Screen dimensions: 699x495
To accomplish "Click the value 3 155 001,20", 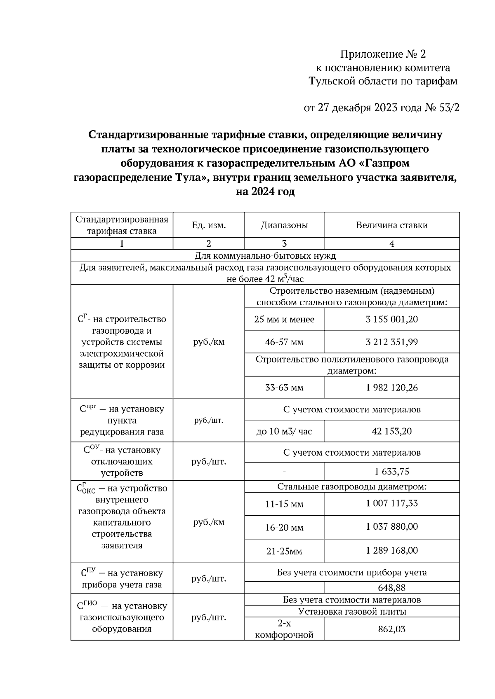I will (391, 319).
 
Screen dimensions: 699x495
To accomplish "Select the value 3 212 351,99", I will (391, 342).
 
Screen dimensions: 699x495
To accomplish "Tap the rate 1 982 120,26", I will (391, 388).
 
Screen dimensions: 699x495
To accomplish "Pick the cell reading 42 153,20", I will (391, 431).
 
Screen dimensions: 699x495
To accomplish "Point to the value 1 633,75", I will (391, 472).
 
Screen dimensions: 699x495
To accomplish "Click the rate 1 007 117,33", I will (391, 503).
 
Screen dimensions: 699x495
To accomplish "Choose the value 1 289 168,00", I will (391, 551).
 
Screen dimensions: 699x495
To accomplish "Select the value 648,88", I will (391, 587).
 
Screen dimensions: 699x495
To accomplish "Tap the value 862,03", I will (391, 629).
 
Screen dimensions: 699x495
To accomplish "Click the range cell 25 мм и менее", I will (284, 319).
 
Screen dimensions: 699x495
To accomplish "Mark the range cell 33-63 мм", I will (284, 388).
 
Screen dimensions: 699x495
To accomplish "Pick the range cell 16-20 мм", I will (284, 527).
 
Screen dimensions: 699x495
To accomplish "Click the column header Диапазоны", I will (284, 225).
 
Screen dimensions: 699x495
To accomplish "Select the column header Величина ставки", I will (391, 225).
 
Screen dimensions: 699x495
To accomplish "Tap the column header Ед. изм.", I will (208, 225).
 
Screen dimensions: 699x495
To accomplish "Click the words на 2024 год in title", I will (265, 192).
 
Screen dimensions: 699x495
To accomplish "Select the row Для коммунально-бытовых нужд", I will (265, 255).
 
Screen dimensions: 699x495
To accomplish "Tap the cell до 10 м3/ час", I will (284, 431).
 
